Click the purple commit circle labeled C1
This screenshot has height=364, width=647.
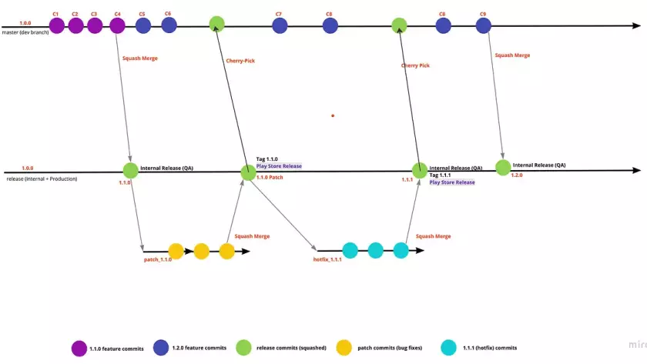click(56, 26)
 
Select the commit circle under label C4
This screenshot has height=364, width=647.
click(117, 26)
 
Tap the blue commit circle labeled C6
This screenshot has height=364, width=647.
click(169, 25)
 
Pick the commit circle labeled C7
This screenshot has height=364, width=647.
click(279, 26)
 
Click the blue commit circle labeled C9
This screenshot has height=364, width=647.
click(483, 26)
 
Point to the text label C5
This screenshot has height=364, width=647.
click(142, 14)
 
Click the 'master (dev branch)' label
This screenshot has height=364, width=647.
click(25, 32)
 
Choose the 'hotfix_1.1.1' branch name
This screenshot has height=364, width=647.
click(327, 260)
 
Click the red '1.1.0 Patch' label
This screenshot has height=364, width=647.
click(270, 177)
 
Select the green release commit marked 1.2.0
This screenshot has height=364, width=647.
click(503, 167)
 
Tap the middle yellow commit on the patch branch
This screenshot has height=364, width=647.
click(201, 251)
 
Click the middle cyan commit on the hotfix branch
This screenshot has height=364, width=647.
click(375, 250)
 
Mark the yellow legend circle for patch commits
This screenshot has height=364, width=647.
click(344, 348)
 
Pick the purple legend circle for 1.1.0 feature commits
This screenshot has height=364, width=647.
click(79, 348)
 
